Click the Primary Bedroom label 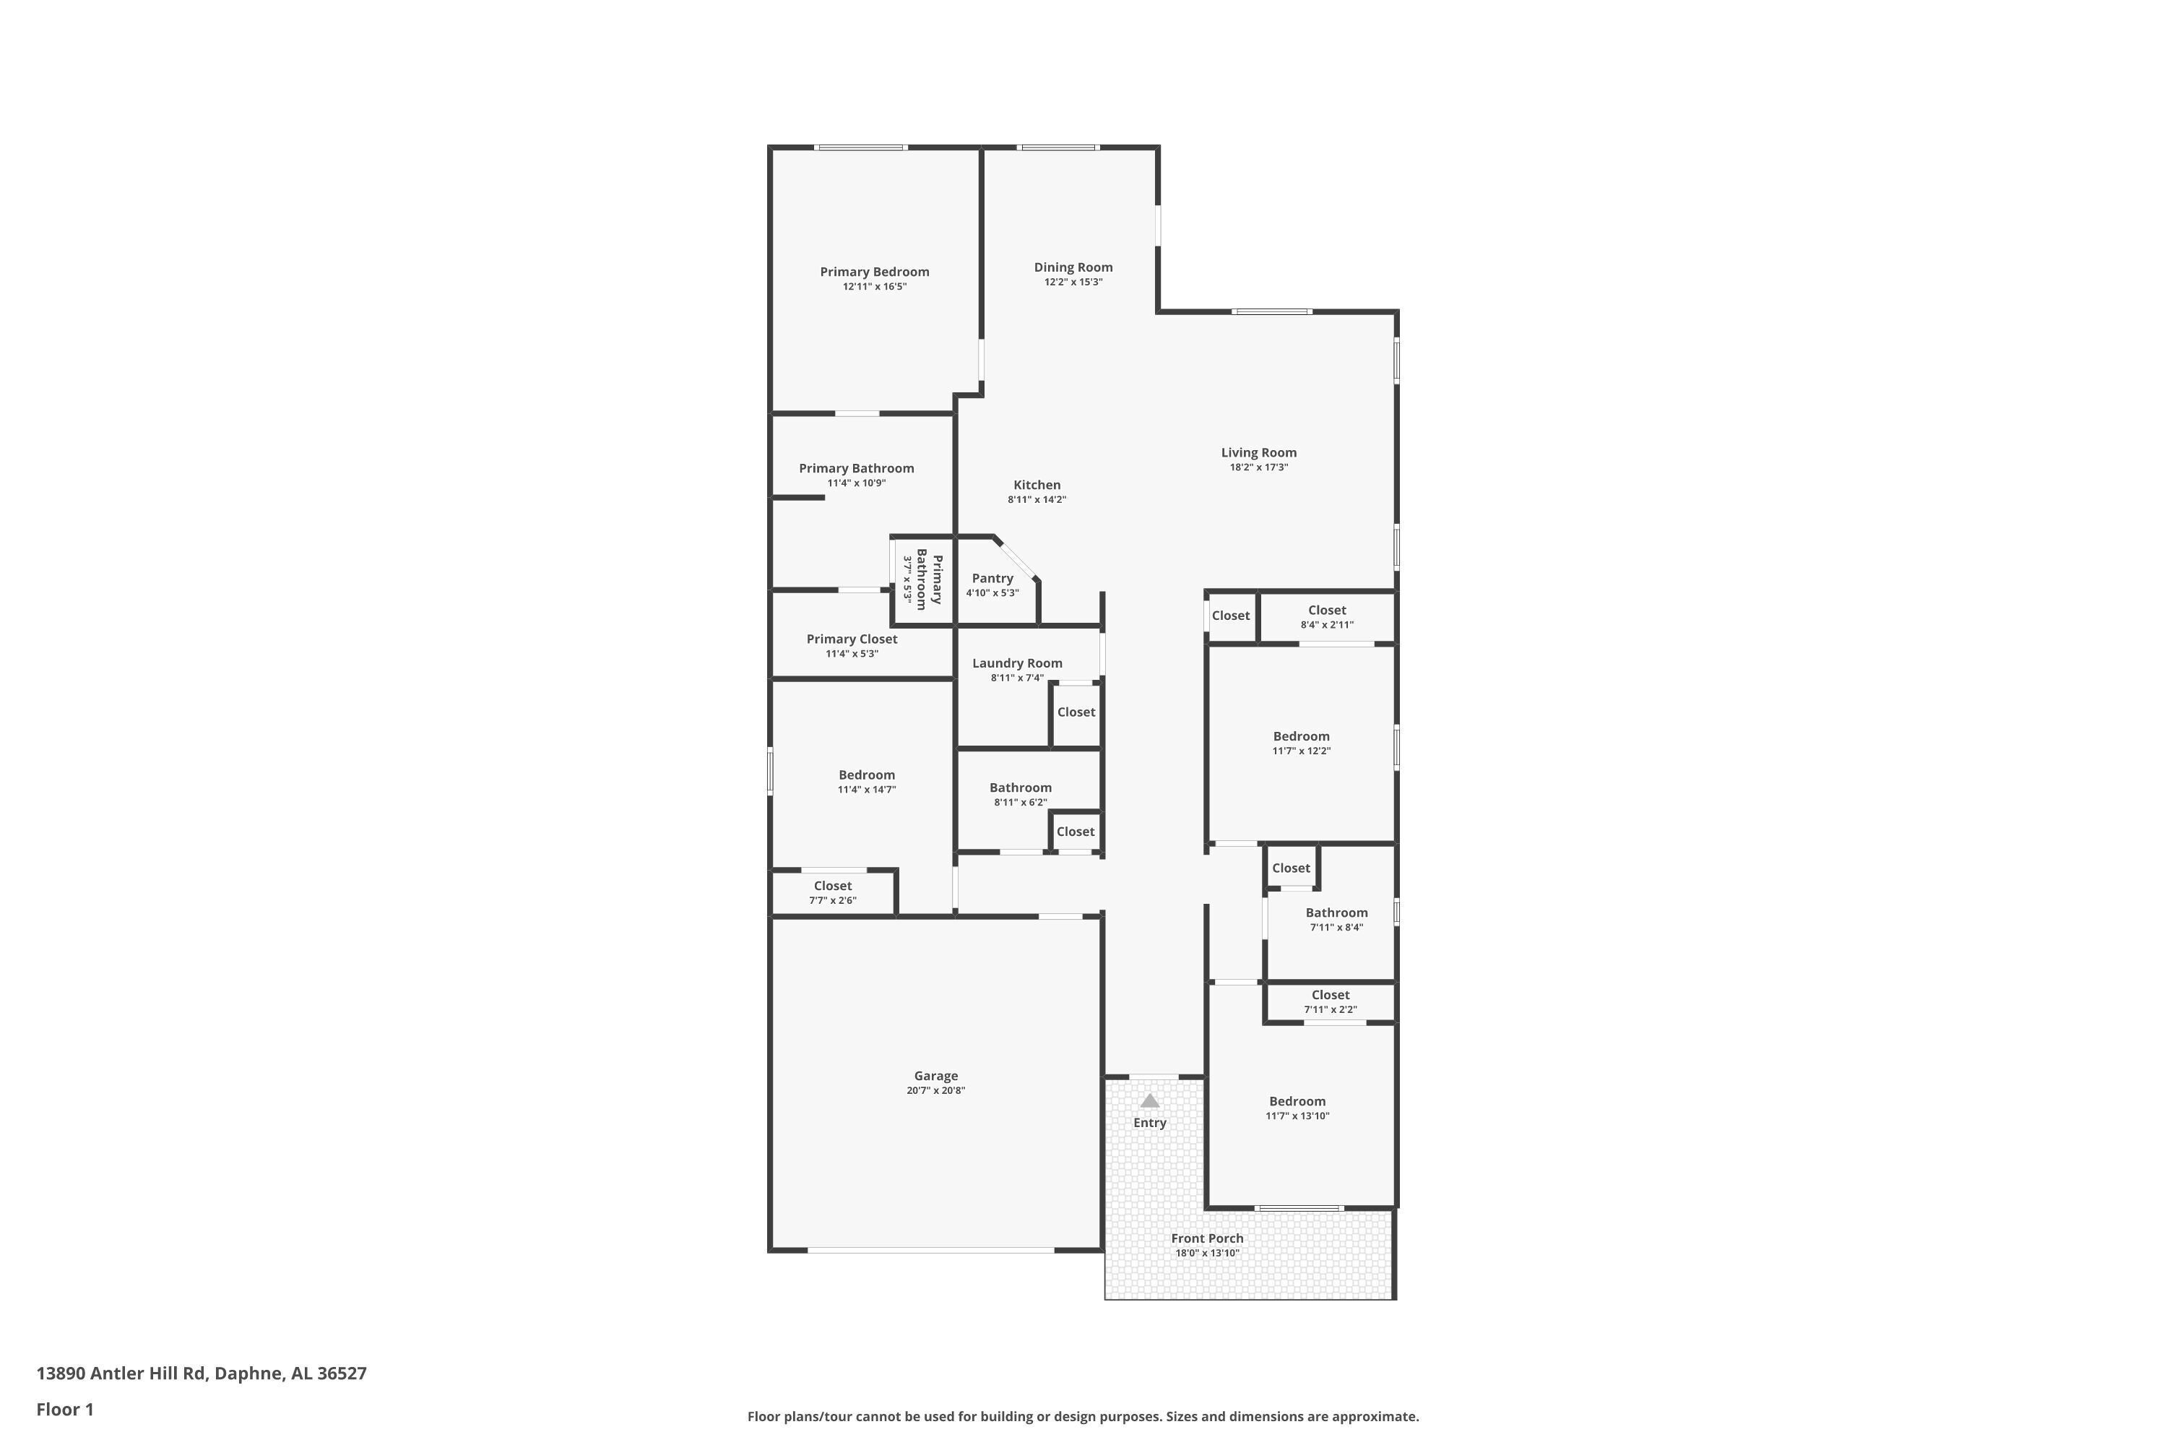(x=874, y=272)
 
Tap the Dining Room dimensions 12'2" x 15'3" (x=1073, y=282)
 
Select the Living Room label (x=1258, y=452)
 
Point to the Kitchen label (x=1037, y=485)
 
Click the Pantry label (x=992, y=578)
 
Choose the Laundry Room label (x=1017, y=663)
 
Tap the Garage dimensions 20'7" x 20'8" (x=936, y=1091)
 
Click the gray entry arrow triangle (x=1150, y=1100)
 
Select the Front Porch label (x=1207, y=1238)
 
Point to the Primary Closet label (x=852, y=639)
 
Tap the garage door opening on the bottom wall (x=930, y=1251)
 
